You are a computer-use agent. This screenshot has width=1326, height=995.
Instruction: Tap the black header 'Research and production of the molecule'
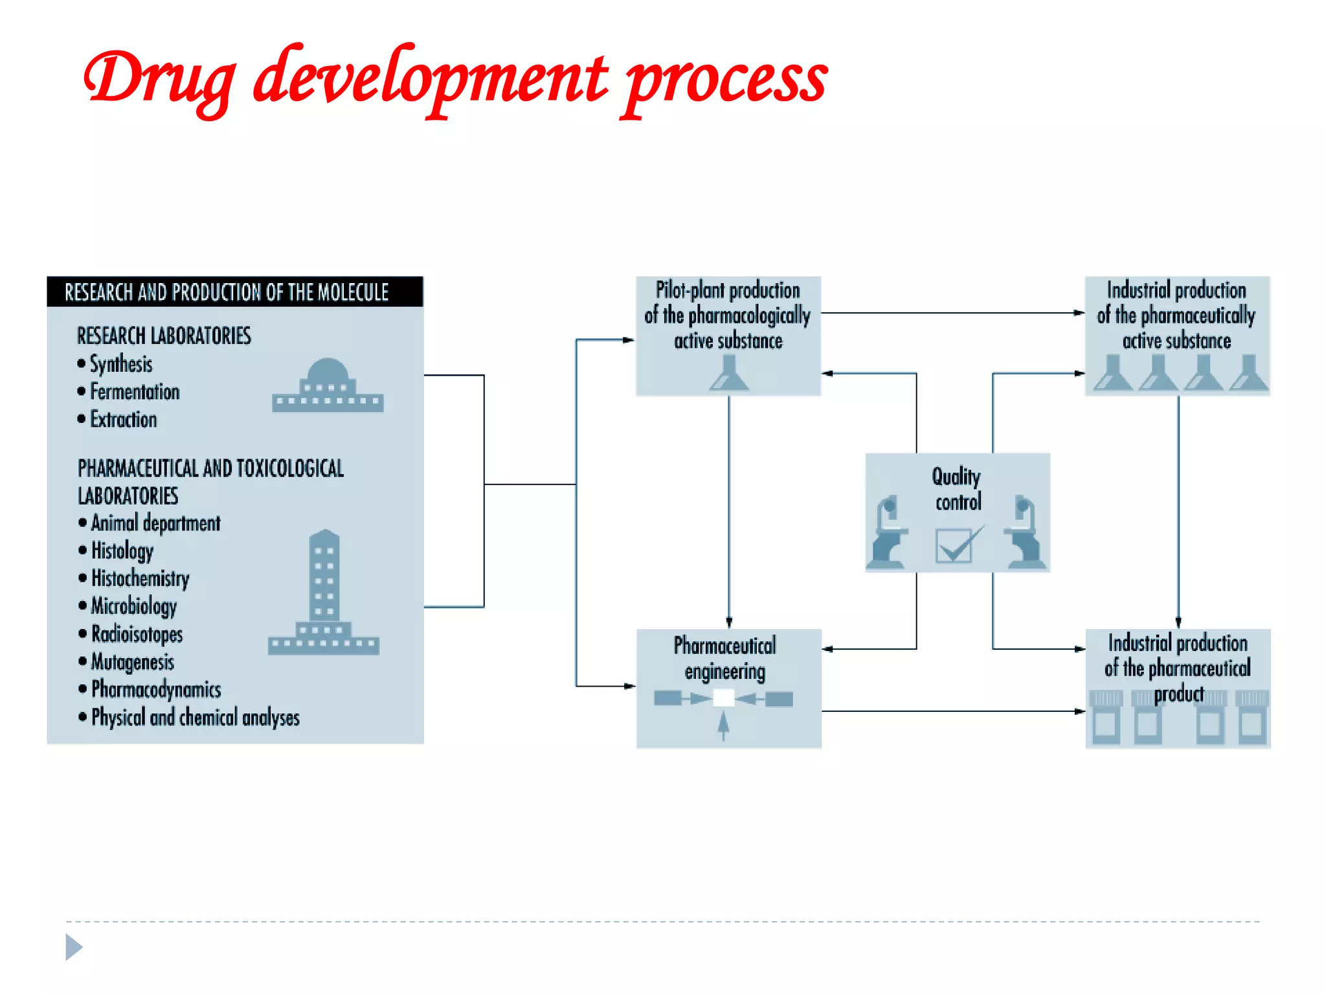tap(227, 292)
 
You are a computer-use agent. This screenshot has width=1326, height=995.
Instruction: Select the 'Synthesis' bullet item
tap(121, 364)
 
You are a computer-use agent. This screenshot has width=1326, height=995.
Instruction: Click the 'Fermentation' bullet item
tap(135, 392)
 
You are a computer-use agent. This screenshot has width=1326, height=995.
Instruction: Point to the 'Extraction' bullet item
tap(123, 420)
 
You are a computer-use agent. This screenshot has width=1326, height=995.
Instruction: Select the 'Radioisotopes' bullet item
tap(137, 634)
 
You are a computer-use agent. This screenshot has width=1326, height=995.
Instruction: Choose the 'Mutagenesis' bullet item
tap(133, 661)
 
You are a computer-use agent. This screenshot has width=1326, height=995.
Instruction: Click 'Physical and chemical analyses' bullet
tap(195, 717)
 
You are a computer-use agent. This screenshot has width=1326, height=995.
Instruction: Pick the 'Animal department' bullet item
tap(155, 523)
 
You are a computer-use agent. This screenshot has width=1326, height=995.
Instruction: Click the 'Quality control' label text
tap(957, 489)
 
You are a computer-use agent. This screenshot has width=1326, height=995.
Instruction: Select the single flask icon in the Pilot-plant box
tap(729, 374)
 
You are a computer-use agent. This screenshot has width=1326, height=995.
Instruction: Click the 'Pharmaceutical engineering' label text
tap(725, 658)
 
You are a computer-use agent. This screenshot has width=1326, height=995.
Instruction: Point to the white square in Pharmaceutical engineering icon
tap(723, 698)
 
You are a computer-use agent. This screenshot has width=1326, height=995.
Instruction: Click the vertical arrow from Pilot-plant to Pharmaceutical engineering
tap(729, 512)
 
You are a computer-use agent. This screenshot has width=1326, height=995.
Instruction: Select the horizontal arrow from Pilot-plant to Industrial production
tap(952, 313)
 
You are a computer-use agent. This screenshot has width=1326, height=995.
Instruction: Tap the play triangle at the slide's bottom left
tap(74, 947)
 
